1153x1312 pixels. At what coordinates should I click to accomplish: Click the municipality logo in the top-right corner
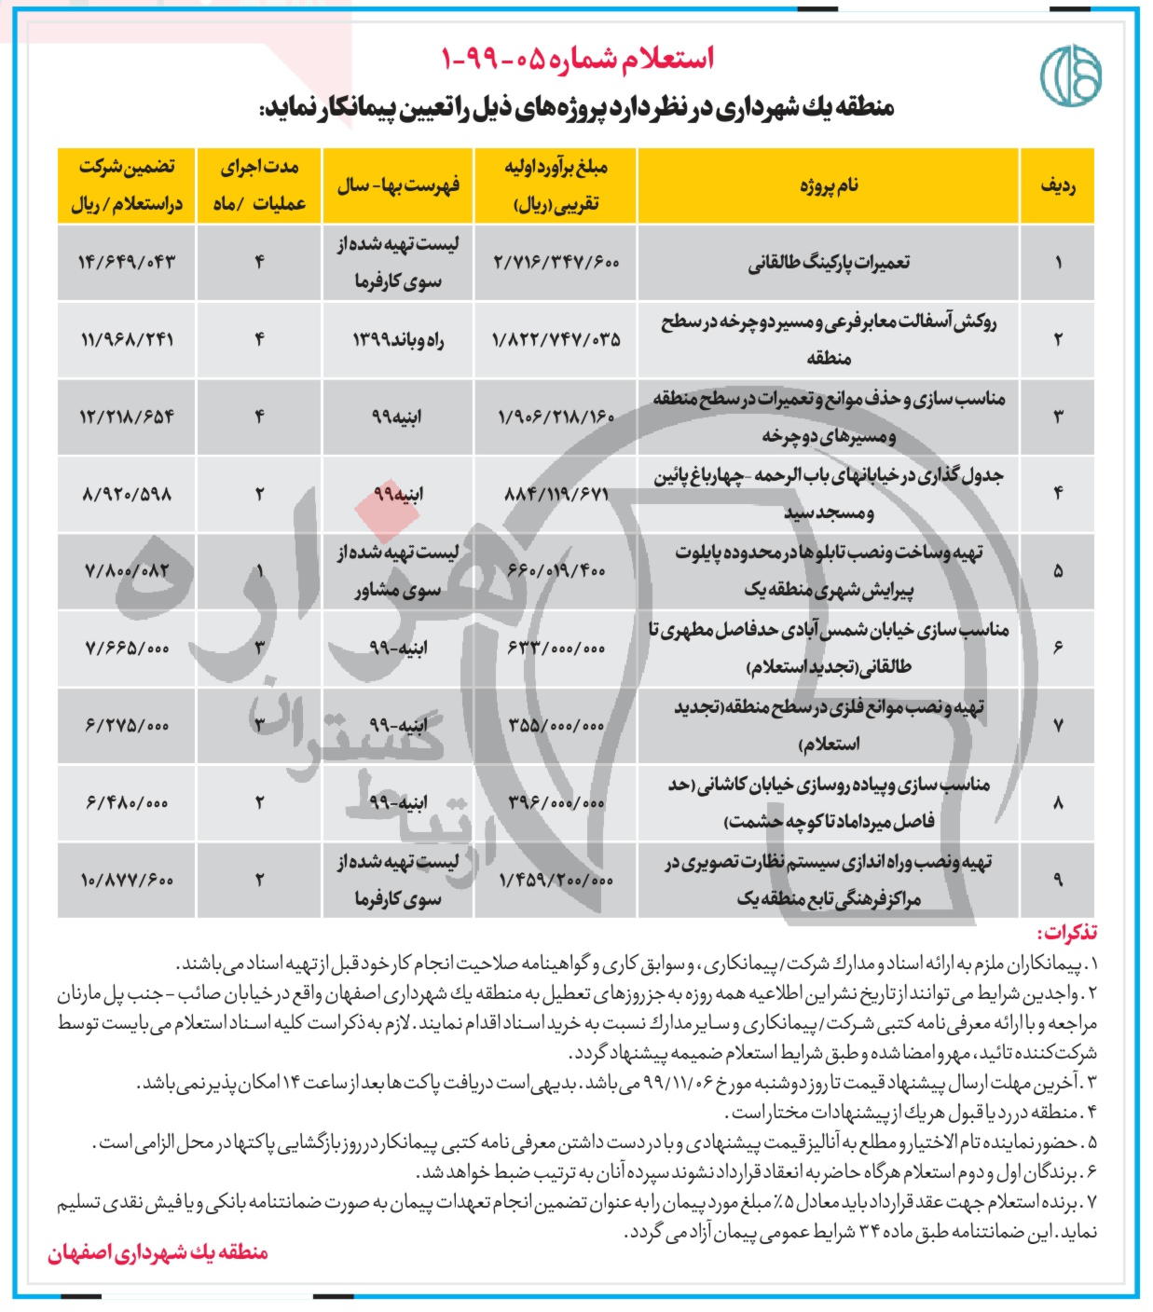(1069, 71)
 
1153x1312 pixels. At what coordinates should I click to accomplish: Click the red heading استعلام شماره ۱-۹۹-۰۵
(577, 58)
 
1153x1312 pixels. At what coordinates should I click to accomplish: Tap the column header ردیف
(1058, 185)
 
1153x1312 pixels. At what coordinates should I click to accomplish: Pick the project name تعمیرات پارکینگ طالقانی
(829, 263)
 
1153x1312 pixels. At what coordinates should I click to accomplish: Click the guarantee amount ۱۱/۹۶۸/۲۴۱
(128, 340)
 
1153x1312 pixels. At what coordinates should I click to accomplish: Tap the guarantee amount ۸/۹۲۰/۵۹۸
(128, 494)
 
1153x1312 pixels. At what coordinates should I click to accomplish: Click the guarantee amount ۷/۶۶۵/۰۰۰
(128, 648)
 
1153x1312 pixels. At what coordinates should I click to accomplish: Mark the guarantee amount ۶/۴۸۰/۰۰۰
(128, 802)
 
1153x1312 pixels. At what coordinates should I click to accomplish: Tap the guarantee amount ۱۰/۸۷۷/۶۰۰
(128, 880)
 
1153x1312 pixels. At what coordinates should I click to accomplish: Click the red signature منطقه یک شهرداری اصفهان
(158, 1252)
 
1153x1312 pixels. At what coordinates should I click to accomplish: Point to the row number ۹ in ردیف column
(1058, 880)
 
